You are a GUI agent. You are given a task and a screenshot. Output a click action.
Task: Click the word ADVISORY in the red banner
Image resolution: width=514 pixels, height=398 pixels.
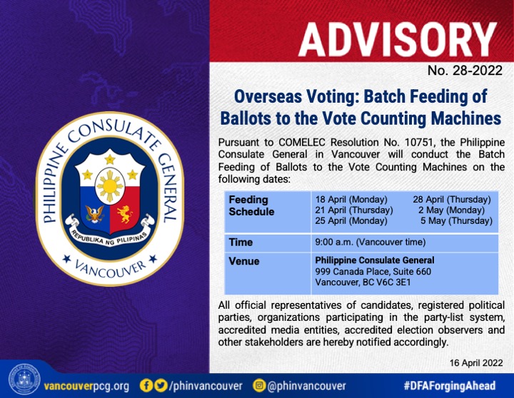pyautogui.click(x=398, y=40)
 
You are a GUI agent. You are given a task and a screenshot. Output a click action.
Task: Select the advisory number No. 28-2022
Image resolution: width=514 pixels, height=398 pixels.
pyautogui.click(x=465, y=71)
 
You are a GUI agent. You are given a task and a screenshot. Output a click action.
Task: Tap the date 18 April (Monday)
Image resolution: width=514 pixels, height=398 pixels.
pyautogui.click(x=351, y=200)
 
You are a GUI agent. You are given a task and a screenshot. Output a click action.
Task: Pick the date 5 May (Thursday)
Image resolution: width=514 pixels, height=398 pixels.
pyautogui.click(x=456, y=220)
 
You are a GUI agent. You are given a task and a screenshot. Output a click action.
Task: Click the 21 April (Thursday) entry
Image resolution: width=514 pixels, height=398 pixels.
pyautogui.click(x=354, y=210)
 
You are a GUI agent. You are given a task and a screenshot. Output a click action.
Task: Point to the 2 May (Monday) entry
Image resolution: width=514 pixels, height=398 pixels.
pyautogui.click(x=451, y=210)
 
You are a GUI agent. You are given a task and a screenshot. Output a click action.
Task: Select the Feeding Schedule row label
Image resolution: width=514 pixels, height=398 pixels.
pyautogui.click(x=251, y=205)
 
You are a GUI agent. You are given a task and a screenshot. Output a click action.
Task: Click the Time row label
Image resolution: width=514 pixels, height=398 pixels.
pyautogui.click(x=241, y=242)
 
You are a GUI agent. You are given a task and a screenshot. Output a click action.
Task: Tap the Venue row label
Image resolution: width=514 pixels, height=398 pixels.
pyautogui.click(x=244, y=261)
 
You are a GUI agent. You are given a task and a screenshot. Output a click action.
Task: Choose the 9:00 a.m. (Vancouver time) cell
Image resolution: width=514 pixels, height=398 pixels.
pyautogui.click(x=371, y=242)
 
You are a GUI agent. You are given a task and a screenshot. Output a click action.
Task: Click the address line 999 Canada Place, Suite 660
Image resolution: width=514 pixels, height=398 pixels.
pyautogui.click(x=373, y=271)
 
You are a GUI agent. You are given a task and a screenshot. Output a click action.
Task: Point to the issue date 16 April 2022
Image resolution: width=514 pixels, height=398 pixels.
pyautogui.click(x=476, y=363)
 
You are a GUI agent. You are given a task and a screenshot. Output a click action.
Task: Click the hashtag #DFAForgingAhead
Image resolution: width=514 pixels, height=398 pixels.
pyautogui.click(x=450, y=386)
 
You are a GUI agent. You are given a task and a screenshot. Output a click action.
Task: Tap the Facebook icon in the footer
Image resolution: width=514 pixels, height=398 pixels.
pyautogui.click(x=146, y=385)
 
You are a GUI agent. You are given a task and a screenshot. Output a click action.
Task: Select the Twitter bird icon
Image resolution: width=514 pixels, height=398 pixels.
pyautogui.click(x=161, y=385)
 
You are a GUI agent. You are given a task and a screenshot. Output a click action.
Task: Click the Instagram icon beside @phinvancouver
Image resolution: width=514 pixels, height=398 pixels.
pyautogui.click(x=259, y=385)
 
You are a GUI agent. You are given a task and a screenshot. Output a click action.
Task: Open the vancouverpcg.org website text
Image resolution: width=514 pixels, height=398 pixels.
pyautogui.click(x=86, y=386)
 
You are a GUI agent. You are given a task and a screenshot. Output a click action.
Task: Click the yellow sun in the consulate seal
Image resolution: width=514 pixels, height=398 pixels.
pyautogui.click(x=110, y=185)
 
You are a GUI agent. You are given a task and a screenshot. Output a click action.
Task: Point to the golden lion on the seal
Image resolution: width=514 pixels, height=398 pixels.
pyautogui.click(x=125, y=213)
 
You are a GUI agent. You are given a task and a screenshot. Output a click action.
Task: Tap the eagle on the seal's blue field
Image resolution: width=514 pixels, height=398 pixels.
pyautogui.click(x=95, y=214)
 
